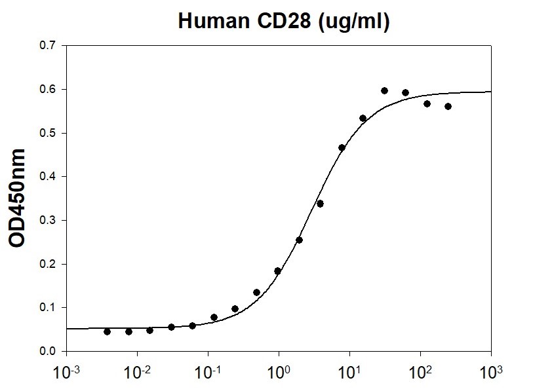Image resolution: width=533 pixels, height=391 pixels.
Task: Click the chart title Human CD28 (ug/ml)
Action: pyautogui.click(x=285, y=22)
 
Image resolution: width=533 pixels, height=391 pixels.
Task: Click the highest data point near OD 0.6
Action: pyautogui.click(x=384, y=90)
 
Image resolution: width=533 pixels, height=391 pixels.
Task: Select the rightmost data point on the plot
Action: pyautogui.click(x=448, y=106)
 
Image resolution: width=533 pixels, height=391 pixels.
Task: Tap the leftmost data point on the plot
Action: pyautogui.click(x=107, y=331)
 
